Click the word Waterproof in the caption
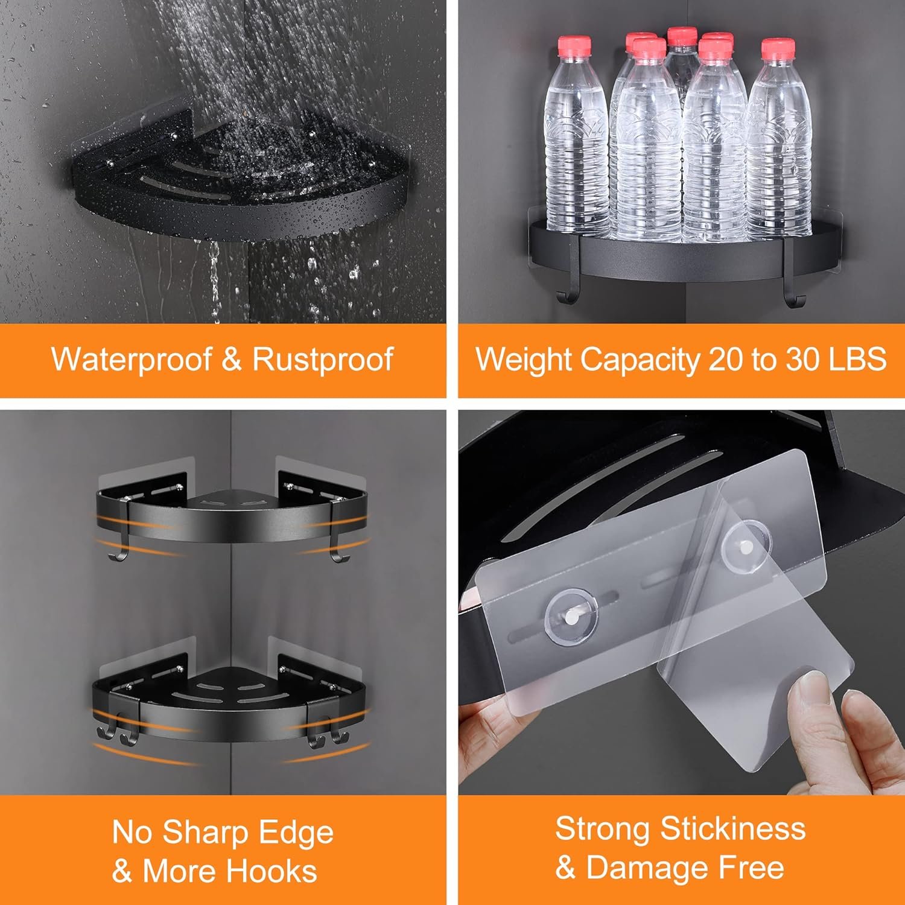click(131, 360)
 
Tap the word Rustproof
click(323, 360)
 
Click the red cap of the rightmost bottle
click(777, 48)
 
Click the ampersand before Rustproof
click(231, 360)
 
